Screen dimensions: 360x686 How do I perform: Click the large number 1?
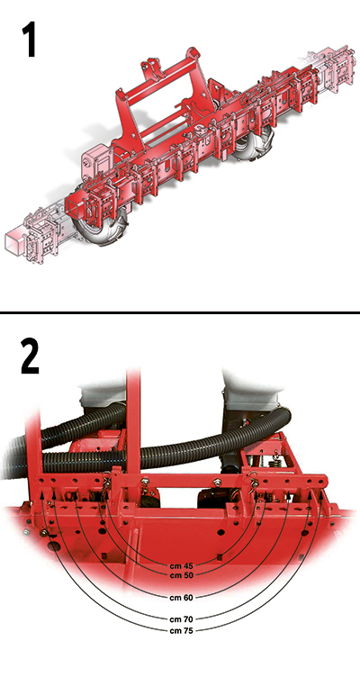[x=29, y=41]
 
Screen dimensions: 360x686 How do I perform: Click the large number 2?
[x=30, y=358]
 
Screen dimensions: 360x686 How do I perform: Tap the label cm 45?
[x=182, y=565]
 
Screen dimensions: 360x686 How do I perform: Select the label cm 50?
[x=182, y=575]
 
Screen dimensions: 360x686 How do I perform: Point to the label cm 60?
[x=182, y=597]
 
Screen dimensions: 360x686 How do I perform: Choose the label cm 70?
[x=182, y=619]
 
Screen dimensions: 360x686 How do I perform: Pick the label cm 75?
[x=182, y=630]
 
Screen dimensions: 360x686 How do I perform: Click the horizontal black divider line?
[x=180, y=312]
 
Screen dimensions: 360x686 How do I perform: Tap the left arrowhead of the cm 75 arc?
[x=42, y=493]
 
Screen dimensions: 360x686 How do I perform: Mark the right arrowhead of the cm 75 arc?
[x=321, y=493]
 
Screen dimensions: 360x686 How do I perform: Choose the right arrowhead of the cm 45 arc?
[x=256, y=493]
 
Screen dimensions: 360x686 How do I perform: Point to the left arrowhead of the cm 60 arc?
[x=76, y=493]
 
